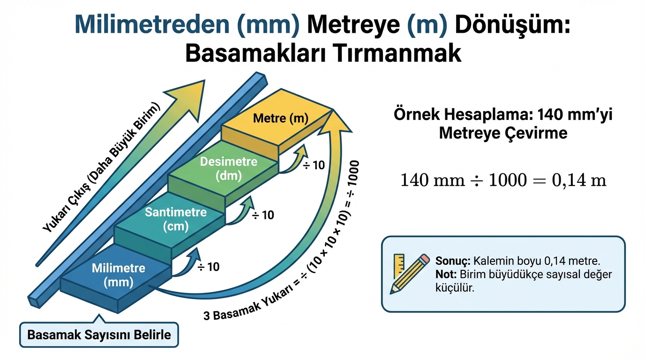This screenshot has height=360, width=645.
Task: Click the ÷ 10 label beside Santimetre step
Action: click(262, 215)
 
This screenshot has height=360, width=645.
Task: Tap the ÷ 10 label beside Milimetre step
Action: click(208, 267)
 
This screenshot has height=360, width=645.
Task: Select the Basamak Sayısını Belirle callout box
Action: click(99, 335)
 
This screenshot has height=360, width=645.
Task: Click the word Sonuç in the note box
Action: click(453, 261)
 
